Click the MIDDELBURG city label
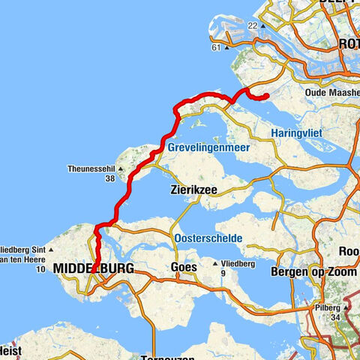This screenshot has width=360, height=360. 94,268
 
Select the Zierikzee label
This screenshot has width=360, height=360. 193,190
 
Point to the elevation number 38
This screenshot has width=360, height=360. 110,178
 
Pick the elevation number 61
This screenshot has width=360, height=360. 216,47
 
